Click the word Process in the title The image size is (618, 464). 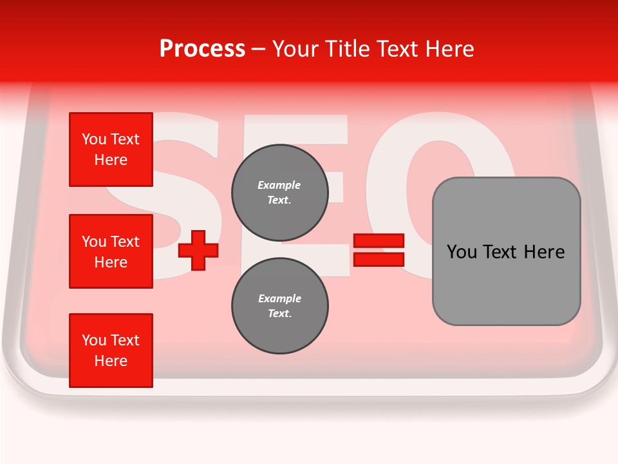tap(202, 49)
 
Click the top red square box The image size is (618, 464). tap(111, 150)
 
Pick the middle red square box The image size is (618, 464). tap(111, 251)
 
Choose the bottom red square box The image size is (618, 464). tap(111, 351)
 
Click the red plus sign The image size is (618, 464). tap(198, 251)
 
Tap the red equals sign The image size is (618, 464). tap(379, 250)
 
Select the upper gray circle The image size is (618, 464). tap(279, 193)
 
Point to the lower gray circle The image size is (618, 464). tap(279, 306)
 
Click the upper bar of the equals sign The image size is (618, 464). tap(379, 241)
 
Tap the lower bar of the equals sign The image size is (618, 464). tap(379, 259)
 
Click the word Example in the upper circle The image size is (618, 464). tap(279, 185)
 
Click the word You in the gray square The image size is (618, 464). tap(461, 252)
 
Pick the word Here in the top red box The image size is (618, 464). tap(111, 160)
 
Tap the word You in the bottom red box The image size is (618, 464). tap(93, 340)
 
